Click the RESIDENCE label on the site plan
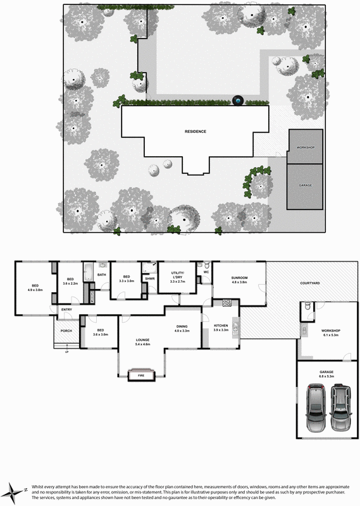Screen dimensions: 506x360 click(x=196, y=132)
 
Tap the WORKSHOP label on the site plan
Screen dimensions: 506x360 click(x=306, y=147)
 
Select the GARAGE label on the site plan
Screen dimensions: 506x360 click(x=306, y=185)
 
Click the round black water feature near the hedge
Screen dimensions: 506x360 click(x=238, y=101)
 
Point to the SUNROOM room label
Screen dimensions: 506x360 click(x=239, y=278)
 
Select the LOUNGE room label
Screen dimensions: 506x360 click(x=142, y=340)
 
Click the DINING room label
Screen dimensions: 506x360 click(x=182, y=326)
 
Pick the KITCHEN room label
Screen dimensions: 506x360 click(x=221, y=326)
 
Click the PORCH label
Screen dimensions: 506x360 click(x=66, y=331)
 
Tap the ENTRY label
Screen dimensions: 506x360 click(x=66, y=309)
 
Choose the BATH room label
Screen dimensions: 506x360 click(x=101, y=275)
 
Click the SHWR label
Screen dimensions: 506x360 click(x=150, y=278)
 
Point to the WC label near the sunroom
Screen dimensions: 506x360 click(x=206, y=272)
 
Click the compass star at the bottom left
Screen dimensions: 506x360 click(x=14, y=489)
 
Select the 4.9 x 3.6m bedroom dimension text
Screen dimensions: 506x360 click(x=35, y=290)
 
